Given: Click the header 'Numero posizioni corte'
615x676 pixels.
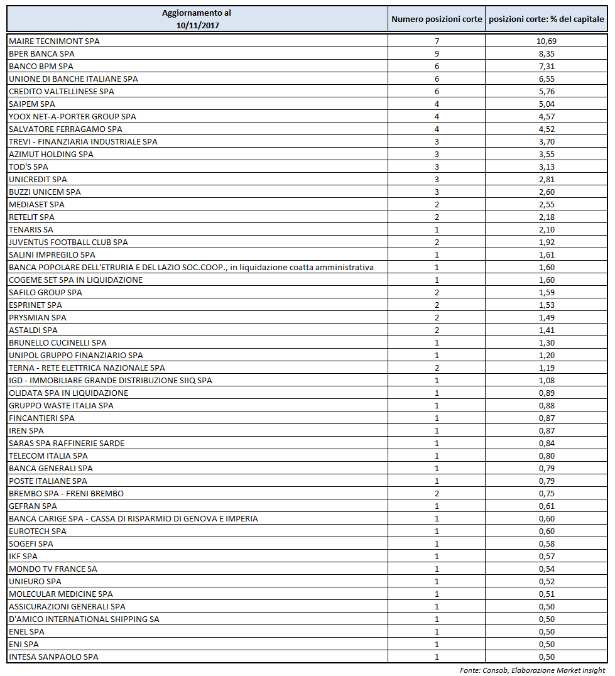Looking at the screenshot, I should coord(437,19).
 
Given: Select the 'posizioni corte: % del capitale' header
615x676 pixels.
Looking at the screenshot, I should coord(547,19).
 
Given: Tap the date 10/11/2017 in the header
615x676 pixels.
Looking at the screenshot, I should coord(197,25).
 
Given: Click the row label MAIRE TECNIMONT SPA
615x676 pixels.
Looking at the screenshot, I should coord(55,41).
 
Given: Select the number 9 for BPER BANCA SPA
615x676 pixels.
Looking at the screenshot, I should coord(437,53).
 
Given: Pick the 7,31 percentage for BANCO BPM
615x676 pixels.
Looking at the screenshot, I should coord(547,66).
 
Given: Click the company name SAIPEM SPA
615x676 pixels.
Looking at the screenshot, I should coord(32,104).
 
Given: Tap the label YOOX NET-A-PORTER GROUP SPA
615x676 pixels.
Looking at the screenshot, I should coord(72,116).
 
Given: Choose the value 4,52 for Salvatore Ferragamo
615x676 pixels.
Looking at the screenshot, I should coord(547,129).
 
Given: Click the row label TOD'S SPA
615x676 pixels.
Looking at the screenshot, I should coord(28,166).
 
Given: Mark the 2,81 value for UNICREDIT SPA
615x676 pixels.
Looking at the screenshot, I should coord(547,179).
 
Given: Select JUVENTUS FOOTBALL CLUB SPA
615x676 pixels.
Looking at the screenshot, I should coord(68,242).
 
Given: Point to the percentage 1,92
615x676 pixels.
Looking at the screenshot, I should coord(547,242).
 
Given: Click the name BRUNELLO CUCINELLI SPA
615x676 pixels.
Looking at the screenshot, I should coord(58,342).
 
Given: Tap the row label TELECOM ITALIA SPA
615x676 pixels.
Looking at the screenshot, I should coord(48,455).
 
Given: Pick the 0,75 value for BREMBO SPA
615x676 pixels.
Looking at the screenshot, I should coord(547,493).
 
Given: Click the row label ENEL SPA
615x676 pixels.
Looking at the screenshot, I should coord(26,631).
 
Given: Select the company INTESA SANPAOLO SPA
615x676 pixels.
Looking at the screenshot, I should coord(53,657).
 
